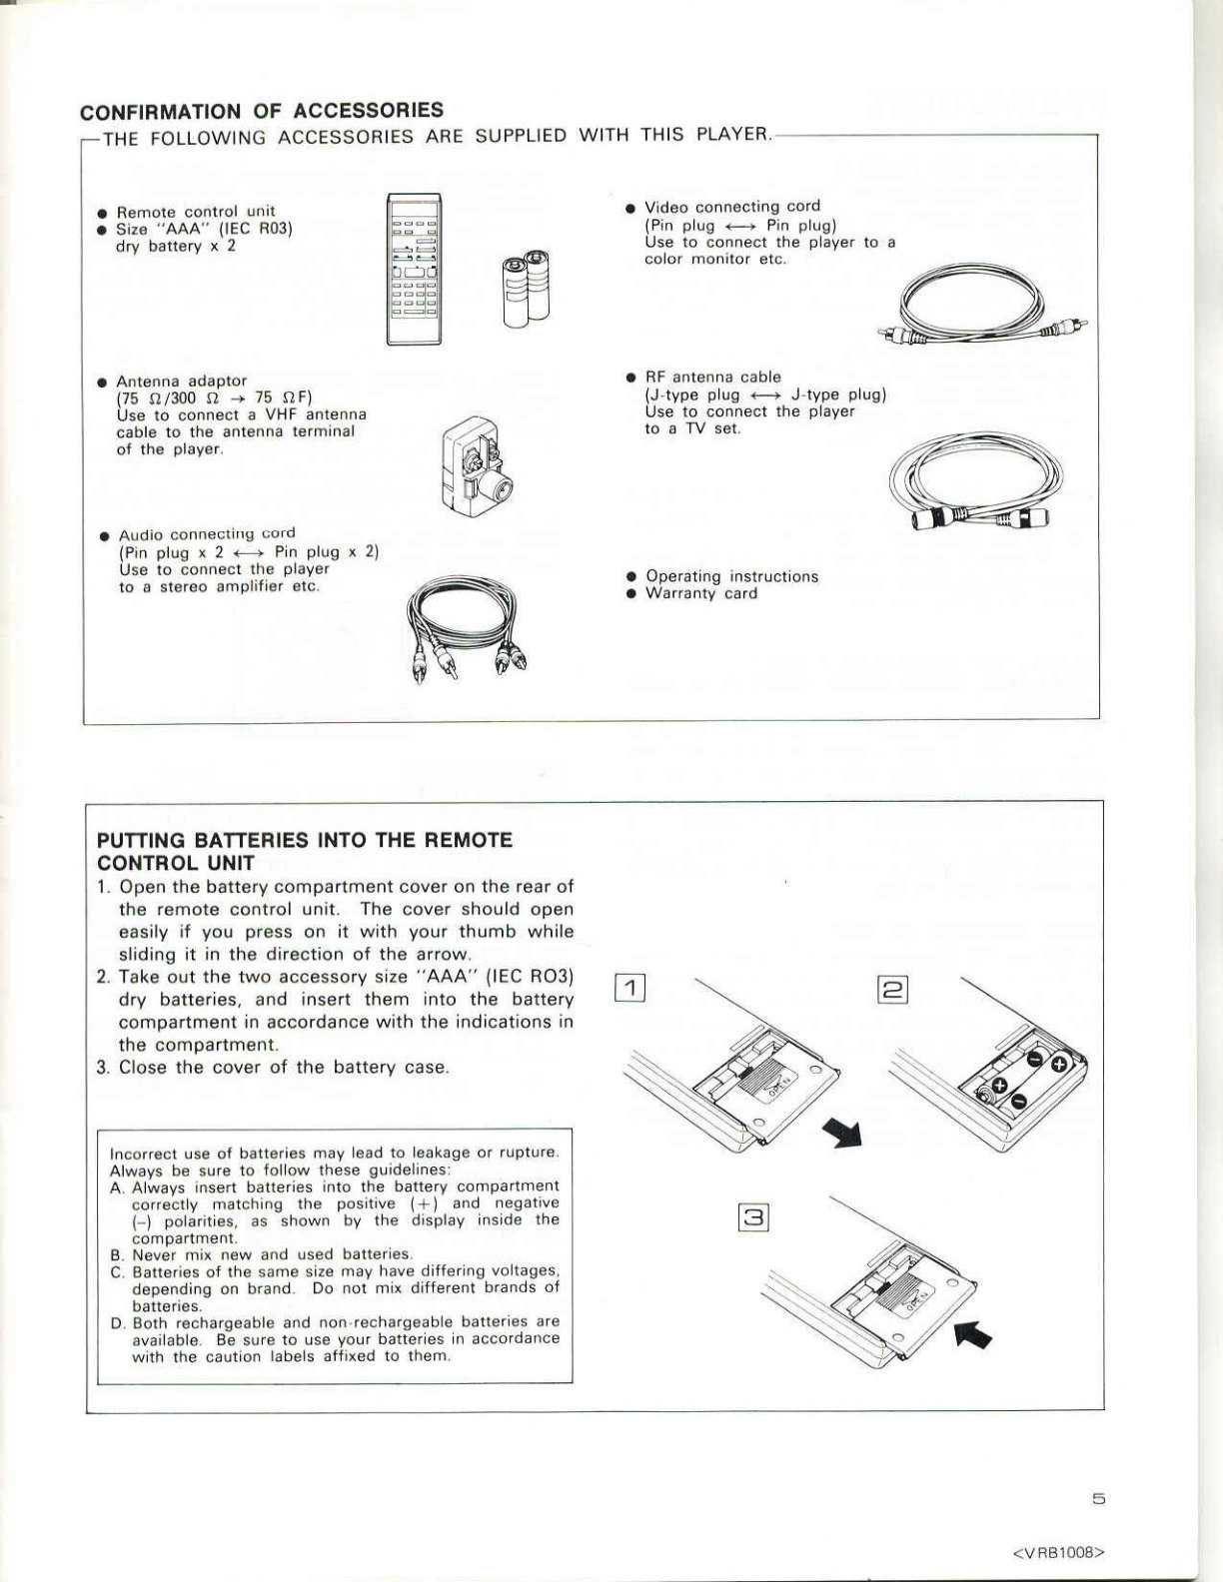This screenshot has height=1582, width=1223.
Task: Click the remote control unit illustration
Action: tap(414, 269)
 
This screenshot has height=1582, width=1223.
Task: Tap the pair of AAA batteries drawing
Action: tap(526, 288)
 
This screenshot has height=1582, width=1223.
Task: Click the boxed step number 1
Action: tap(630, 988)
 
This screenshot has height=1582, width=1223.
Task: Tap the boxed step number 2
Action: tap(892, 989)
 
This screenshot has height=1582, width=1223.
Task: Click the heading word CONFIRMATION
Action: tap(161, 112)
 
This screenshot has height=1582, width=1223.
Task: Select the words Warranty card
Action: tap(701, 593)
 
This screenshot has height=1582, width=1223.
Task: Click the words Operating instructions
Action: tap(732, 576)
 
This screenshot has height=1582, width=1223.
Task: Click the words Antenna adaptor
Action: tap(182, 381)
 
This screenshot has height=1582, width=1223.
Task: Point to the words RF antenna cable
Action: tap(713, 377)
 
